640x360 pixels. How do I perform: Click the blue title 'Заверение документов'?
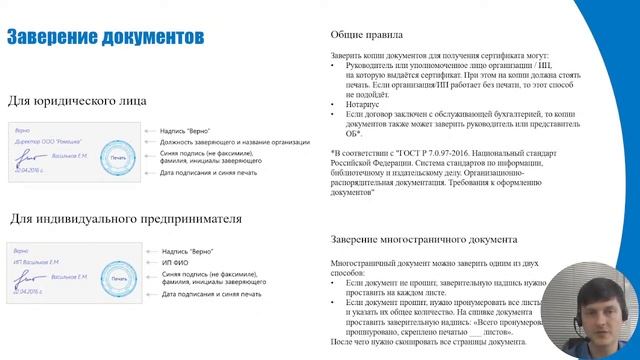[108, 37]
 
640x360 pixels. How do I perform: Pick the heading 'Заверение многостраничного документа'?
[423, 240]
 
